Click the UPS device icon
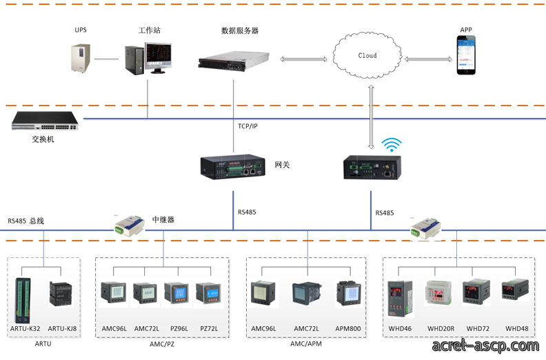[x=81, y=58]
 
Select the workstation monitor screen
[x=159, y=55]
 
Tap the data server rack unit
[x=234, y=61]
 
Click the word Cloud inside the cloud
[x=367, y=55]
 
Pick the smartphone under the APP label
[x=466, y=55]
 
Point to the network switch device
[x=45, y=121]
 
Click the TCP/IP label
[x=247, y=126]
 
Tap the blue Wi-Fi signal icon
[x=392, y=145]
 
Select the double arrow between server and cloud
[x=303, y=59]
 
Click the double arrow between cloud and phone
[x=428, y=59]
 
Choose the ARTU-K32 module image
[x=23, y=301]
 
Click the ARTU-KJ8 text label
[x=62, y=329]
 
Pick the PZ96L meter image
[x=178, y=294]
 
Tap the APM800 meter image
[x=349, y=293]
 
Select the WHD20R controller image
[x=438, y=293]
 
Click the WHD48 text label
[x=517, y=329]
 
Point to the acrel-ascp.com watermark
[x=485, y=346]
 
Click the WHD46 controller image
[x=401, y=299]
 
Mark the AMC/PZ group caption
[x=162, y=344]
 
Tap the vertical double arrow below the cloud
[x=371, y=117]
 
